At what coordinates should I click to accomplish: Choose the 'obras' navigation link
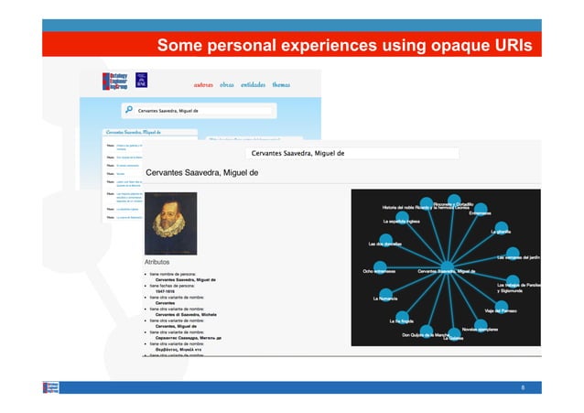click(227, 84)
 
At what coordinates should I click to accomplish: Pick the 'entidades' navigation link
click(254, 84)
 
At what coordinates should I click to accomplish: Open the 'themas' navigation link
click(281, 84)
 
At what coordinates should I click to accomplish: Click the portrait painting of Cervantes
click(171, 223)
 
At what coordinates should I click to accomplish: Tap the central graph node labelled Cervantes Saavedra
click(446, 271)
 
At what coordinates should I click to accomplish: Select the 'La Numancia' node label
click(385, 299)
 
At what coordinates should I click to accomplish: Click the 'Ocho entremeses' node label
click(379, 271)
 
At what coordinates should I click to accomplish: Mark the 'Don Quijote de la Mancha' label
click(425, 334)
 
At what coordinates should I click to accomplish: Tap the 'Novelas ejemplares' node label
click(479, 330)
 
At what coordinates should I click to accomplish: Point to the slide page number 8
click(523, 387)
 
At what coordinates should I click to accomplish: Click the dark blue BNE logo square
click(142, 80)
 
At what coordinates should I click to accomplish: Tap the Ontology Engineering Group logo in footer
click(51, 387)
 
